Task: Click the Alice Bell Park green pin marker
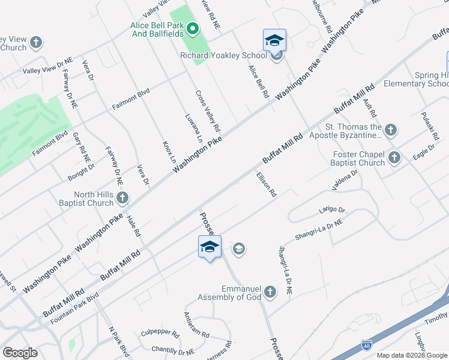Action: (193, 28)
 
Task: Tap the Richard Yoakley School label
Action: (223, 55)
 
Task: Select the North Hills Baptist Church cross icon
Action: (122, 197)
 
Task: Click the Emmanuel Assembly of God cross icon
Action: (270, 292)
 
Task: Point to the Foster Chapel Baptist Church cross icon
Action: (394, 157)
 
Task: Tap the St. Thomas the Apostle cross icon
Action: (391, 130)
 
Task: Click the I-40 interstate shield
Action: (367, 345)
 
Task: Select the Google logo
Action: (20, 353)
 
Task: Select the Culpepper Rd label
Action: (160, 333)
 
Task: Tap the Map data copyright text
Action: (411, 355)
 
